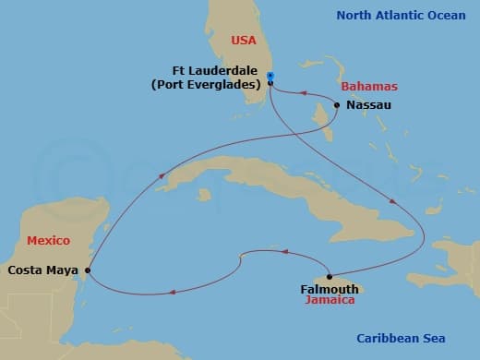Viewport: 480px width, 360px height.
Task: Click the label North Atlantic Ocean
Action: click(402, 16)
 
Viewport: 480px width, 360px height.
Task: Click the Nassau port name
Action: click(369, 105)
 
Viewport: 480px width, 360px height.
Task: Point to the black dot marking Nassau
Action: click(337, 105)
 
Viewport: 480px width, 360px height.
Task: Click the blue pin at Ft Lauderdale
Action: click(270, 77)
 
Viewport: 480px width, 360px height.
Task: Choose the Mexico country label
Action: click(48, 240)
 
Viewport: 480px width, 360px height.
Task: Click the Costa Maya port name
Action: click(42, 270)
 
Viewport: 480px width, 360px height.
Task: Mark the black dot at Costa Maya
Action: click(88, 270)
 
